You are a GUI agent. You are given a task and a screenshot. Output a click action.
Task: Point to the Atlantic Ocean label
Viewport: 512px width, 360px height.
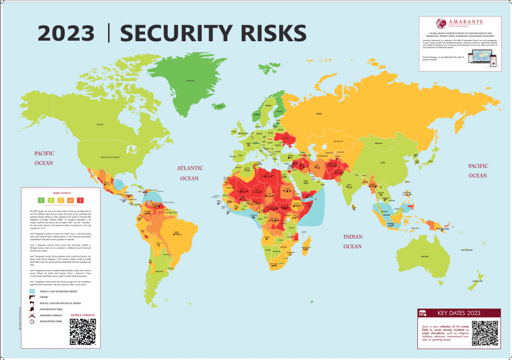point(188,173)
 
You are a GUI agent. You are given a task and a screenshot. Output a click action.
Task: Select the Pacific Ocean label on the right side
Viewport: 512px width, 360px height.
point(477,171)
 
